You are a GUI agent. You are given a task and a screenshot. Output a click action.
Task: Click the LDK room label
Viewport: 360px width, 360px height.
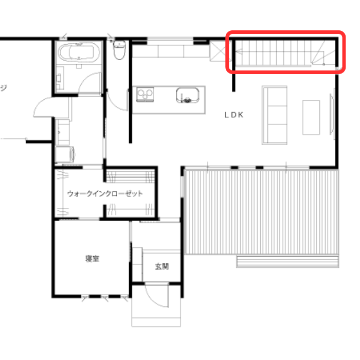pos(233,115)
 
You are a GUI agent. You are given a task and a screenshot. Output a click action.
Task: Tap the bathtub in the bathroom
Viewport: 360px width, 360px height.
pos(79,52)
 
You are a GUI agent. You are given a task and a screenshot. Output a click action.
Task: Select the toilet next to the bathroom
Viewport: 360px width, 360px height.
pos(119,50)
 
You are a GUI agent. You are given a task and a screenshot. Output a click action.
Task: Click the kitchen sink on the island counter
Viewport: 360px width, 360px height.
pos(187,95)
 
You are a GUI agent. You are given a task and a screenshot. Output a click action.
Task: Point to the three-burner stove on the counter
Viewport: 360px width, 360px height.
pos(145,94)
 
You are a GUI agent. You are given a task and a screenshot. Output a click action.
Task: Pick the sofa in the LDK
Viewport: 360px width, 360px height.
pos(275,115)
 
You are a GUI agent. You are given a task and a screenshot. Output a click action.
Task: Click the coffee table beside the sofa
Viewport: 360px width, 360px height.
pos(311,117)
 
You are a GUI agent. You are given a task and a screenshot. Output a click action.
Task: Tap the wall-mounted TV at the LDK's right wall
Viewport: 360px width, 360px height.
pos(332,114)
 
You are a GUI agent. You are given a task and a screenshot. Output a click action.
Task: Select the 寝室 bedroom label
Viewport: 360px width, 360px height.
pos(92,259)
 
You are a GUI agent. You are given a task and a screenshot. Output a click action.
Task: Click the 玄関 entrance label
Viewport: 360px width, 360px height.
pos(162,266)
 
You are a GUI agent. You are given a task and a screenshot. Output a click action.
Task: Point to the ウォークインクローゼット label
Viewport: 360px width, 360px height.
pos(105,193)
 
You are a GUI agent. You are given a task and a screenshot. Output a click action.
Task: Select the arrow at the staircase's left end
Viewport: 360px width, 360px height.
pos(239,51)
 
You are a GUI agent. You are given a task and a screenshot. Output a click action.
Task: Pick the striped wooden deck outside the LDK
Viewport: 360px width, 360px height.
pos(261,212)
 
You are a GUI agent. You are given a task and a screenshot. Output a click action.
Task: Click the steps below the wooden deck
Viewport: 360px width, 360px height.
pos(287,261)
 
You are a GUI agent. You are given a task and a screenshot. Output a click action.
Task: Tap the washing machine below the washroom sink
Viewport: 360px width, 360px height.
pos(65,154)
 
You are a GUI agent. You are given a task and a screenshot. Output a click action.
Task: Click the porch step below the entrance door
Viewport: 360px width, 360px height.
pos(156,321)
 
